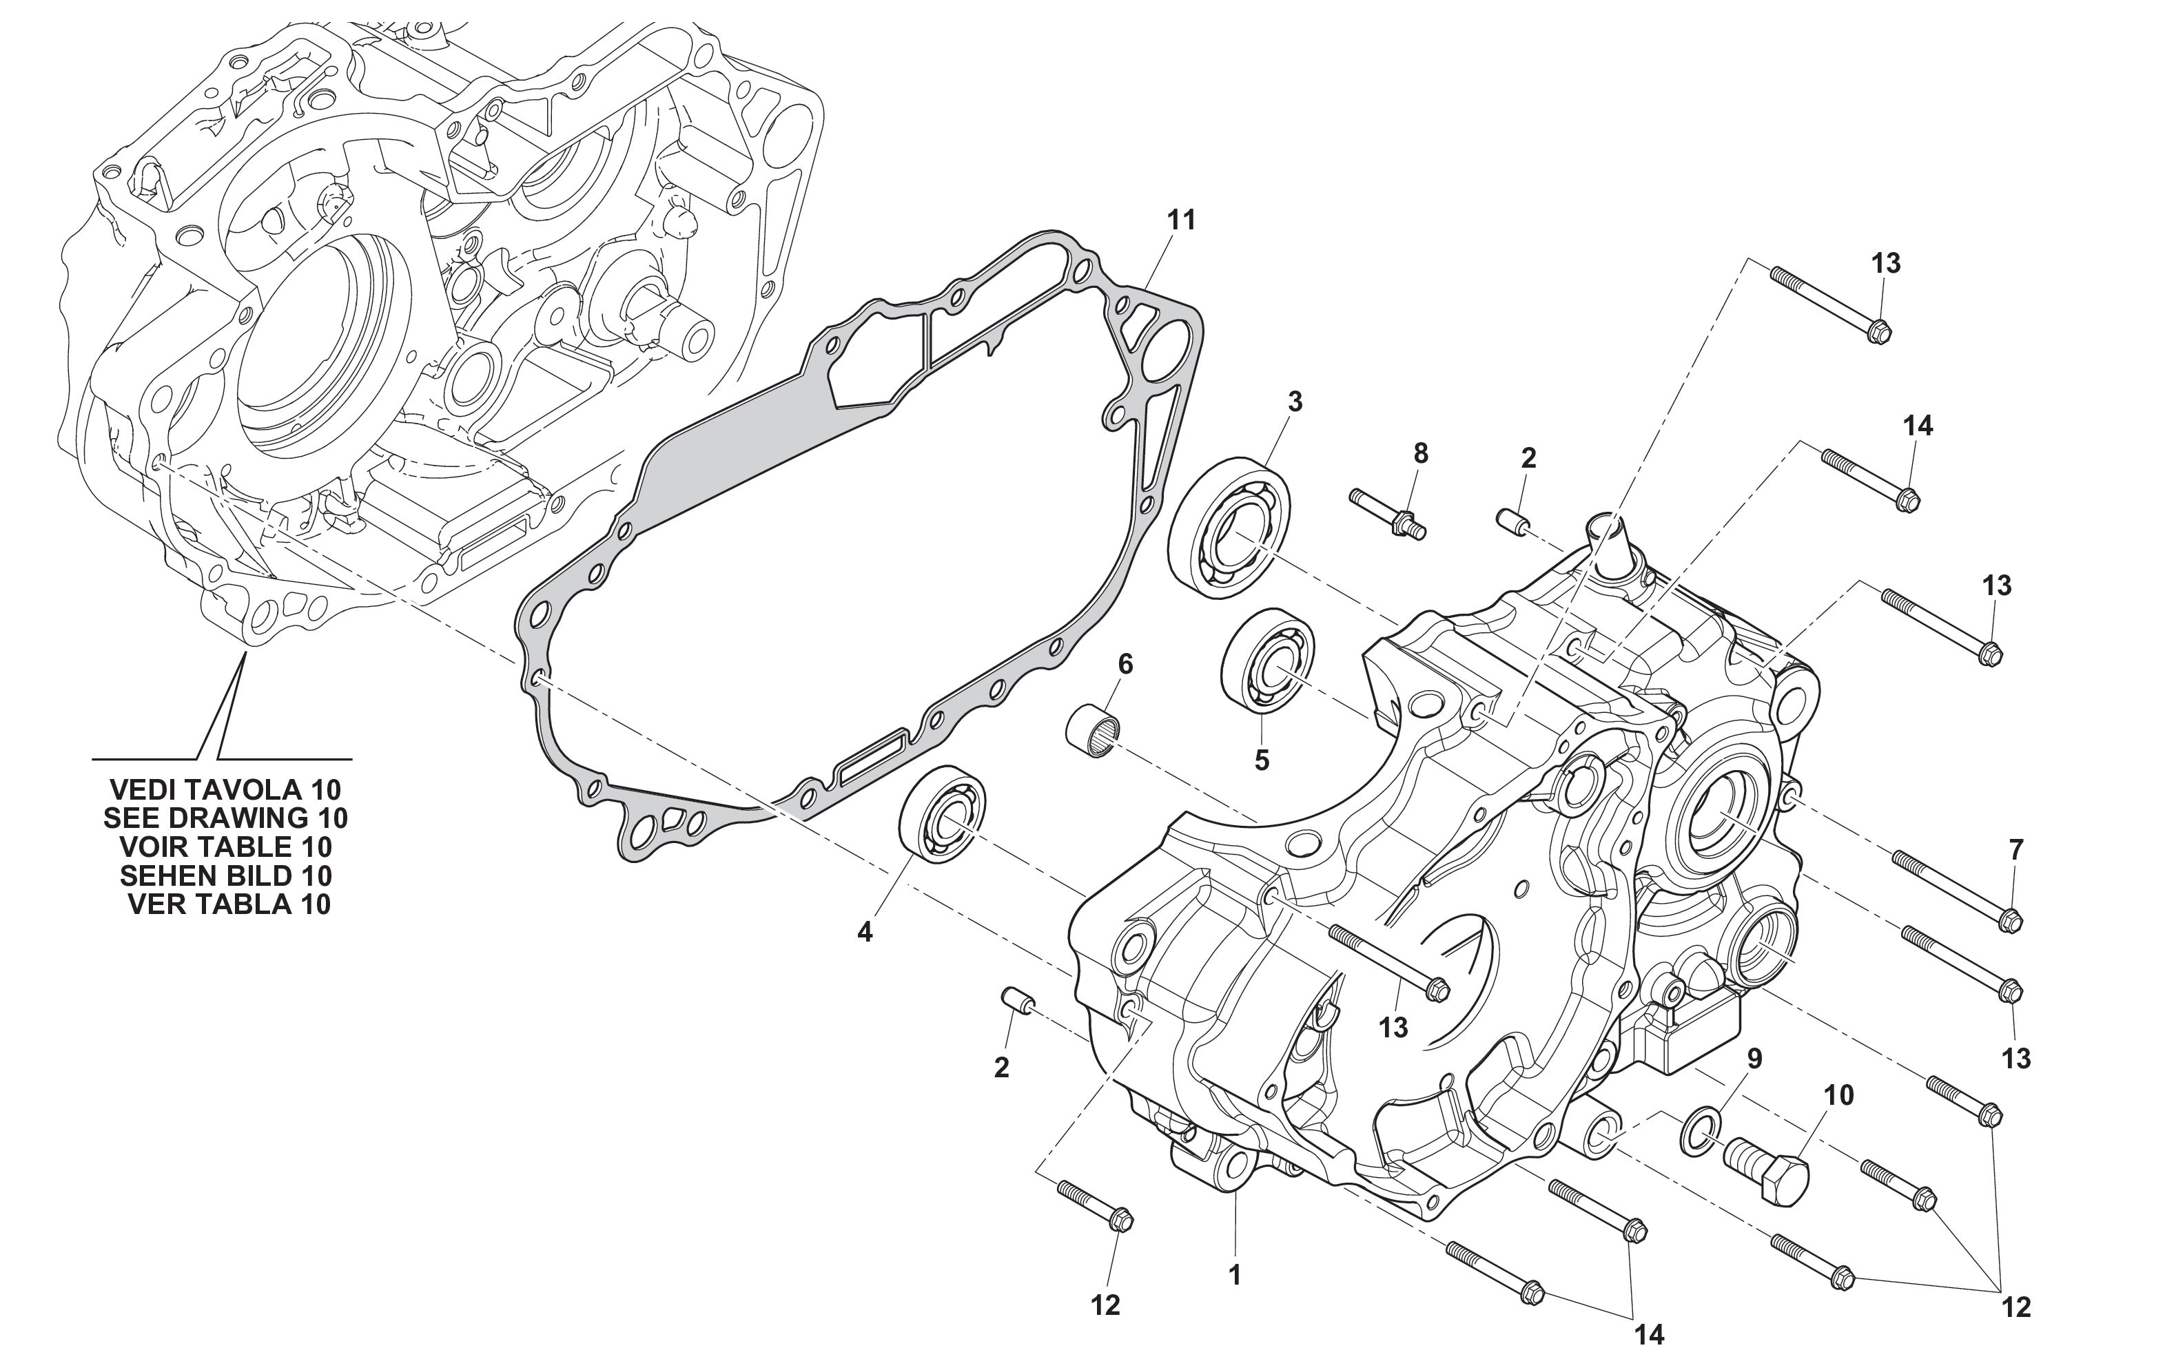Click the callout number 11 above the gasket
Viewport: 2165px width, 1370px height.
1182,219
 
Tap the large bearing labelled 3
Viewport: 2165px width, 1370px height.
1229,528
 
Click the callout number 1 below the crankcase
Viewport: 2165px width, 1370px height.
1235,1275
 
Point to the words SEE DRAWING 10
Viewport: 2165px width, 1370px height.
225,818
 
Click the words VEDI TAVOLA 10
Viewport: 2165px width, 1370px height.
225,789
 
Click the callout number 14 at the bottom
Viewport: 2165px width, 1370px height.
1650,1336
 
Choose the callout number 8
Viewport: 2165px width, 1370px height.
1421,454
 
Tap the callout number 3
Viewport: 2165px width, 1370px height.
1295,402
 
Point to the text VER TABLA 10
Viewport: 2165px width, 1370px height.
229,904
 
